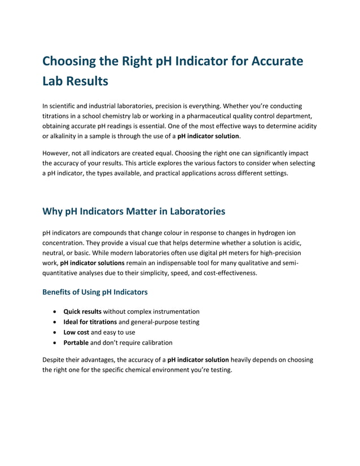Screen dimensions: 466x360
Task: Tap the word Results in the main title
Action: pos(84,81)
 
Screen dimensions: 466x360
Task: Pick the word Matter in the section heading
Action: pos(122,212)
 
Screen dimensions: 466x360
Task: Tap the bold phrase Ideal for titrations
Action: pos(90,322)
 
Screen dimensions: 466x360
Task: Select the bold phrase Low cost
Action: pos(76,332)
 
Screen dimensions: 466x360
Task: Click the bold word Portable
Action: pos(76,342)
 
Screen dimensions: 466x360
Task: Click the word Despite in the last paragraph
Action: pos(55,359)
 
